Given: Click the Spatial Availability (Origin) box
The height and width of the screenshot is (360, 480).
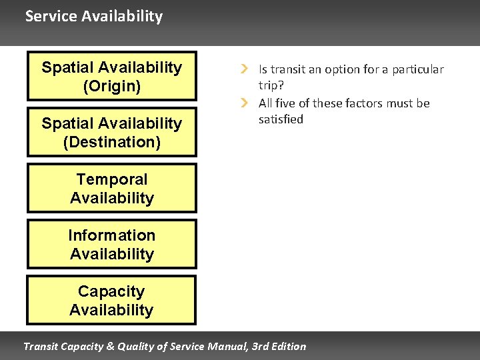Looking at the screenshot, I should coord(111,76).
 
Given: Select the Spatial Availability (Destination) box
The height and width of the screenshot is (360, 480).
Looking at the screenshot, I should coord(111,132).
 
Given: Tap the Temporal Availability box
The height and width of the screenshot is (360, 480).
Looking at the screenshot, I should coord(111,188).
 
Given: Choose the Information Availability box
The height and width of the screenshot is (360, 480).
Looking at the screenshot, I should coord(111,244).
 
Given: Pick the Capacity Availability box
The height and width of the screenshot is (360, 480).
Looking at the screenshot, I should coord(111,300).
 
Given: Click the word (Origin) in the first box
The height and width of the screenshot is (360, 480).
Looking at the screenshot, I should coord(111,86).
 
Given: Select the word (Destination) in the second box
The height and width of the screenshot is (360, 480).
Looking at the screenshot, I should coord(111,142).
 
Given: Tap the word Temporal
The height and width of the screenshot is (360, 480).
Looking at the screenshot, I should coord(111,179).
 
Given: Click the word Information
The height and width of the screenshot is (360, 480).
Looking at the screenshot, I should coord(111,235).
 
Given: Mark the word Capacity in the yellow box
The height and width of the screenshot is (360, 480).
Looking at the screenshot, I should coord(111,291).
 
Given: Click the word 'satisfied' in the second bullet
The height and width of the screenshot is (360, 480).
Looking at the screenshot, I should coord(281,119).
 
